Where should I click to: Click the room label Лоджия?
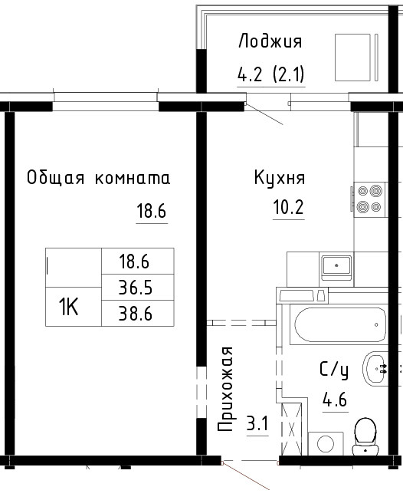(x=270, y=41)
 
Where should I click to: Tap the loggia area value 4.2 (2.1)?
(x=271, y=74)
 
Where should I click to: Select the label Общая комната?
(x=98, y=178)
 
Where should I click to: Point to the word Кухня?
(x=280, y=178)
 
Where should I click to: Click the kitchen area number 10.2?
(x=288, y=207)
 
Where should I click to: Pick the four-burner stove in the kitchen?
(x=370, y=199)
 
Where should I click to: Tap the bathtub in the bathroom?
(x=340, y=324)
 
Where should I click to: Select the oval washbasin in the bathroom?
(x=375, y=369)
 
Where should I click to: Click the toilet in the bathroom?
(x=365, y=436)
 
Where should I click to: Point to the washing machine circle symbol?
(x=326, y=444)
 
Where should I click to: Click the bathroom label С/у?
(x=334, y=370)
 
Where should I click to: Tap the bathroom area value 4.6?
(x=335, y=400)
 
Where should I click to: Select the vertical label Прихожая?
(x=225, y=389)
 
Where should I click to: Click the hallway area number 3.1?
(x=257, y=424)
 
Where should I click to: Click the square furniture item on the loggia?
(x=352, y=58)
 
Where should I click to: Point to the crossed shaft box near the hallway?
(x=291, y=429)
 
